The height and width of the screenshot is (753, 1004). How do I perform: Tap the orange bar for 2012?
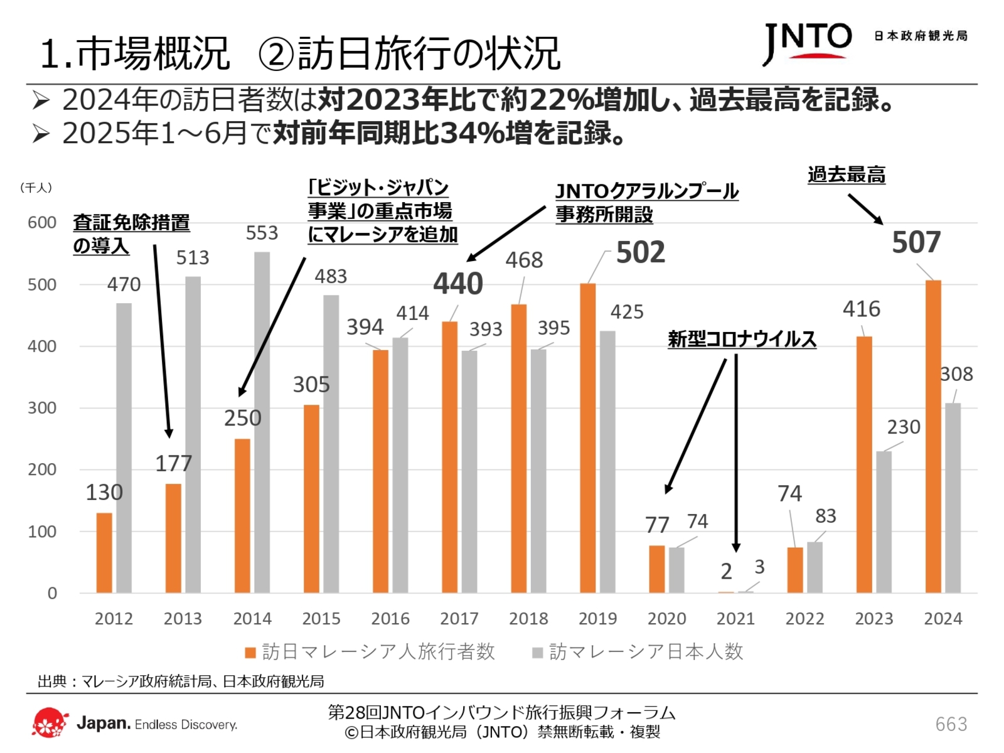[x=104, y=553]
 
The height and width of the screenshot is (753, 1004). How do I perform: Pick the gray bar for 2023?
[x=884, y=522]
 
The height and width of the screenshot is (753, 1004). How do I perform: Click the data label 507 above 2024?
[x=916, y=243]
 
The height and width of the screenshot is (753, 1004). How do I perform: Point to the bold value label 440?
[x=458, y=284]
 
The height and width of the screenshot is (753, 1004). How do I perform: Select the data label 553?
[x=262, y=233]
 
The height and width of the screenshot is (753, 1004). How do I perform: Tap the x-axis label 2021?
[x=735, y=619]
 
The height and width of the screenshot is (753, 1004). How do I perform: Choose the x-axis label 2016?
[x=390, y=619]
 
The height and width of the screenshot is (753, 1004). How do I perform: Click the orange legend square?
[x=250, y=653]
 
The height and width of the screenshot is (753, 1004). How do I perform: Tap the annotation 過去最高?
[x=846, y=175]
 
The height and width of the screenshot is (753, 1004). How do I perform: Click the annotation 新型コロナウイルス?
[x=742, y=339]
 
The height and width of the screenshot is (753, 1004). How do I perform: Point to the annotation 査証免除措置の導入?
[x=131, y=233]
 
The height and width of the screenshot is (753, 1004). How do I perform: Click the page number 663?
[x=951, y=724]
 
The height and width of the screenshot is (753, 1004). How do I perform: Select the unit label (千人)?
[x=36, y=188]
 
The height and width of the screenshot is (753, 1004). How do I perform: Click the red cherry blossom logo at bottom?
[x=50, y=724]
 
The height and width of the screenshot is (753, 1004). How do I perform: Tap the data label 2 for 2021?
[x=726, y=572]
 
